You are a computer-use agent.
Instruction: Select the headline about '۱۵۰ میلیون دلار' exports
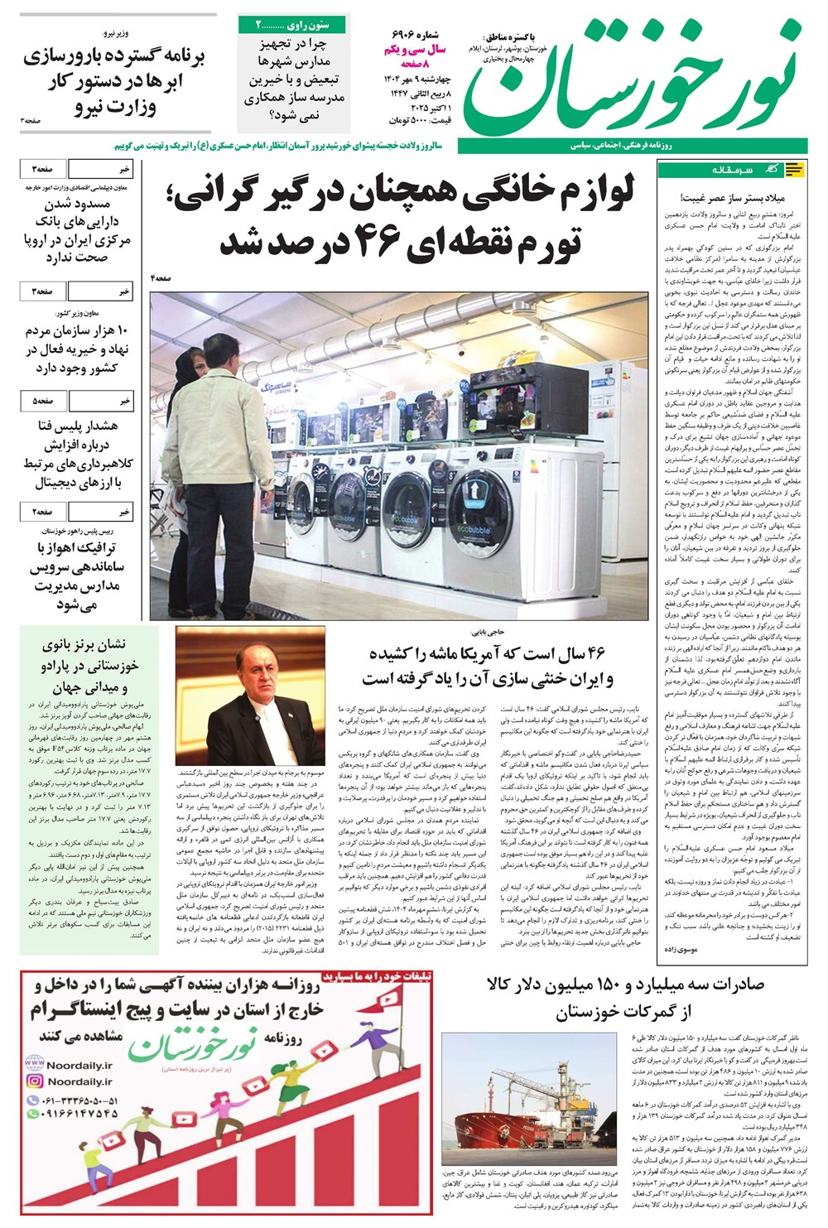tap(614, 997)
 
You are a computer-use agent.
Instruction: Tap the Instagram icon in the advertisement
tap(35, 1081)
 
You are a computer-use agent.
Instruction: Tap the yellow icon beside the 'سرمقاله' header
tap(793, 171)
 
